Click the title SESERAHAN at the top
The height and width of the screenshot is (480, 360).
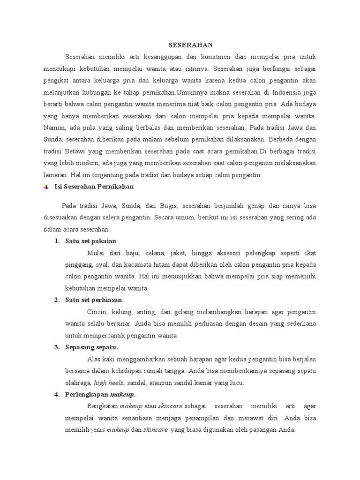coord(191,45)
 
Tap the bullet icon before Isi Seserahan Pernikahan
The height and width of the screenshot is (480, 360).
coord(46,187)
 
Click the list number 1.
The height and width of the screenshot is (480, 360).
coord(56,241)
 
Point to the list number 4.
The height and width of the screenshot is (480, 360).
coord(56,395)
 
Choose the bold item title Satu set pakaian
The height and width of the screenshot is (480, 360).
coord(90,241)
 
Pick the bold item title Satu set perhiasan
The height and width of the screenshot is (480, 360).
coord(94,300)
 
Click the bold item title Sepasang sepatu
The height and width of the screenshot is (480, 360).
coord(92,347)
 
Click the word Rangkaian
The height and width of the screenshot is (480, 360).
coord(103,406)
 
